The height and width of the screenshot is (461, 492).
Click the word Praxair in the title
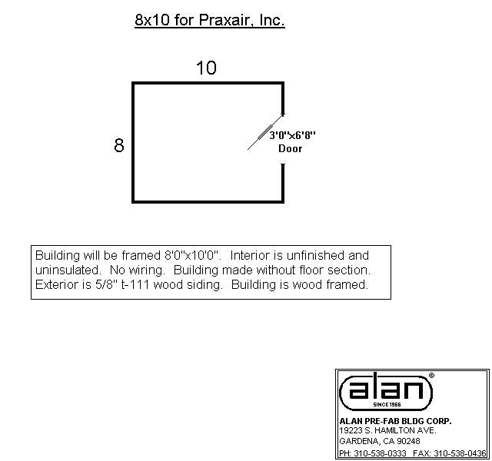[224, 20]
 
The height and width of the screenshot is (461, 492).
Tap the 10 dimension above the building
[206, 68]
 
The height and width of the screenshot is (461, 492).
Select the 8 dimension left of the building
[119, 145]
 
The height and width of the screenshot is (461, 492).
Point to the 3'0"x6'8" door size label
[292, 135]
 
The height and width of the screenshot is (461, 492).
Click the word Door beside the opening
[291, 148]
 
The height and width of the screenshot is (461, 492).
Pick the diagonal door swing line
[265, 131]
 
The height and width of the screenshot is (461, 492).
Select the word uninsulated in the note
[68, 270]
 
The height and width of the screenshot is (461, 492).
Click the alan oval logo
[386, 392]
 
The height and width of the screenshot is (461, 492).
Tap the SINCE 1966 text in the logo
[387, 405]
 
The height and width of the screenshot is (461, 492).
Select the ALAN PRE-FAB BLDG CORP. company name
[395, 421]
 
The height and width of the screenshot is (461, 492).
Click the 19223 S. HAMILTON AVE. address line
[387, 430]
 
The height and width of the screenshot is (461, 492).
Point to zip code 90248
[408, 441]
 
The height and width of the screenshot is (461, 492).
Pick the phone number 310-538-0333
[380, 453]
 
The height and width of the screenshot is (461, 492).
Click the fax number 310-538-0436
[460, 453]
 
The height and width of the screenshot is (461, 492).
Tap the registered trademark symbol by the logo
[431, 376]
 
